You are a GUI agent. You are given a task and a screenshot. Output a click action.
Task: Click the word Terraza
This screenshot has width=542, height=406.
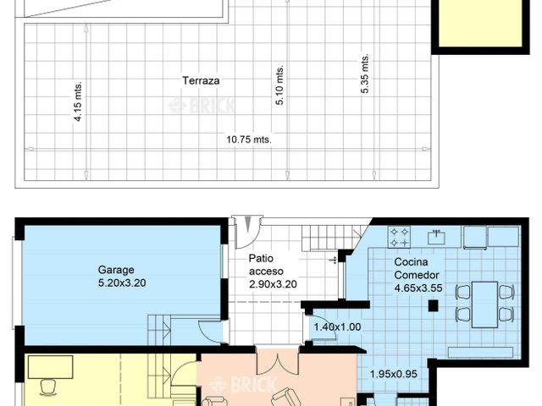coord(201,81)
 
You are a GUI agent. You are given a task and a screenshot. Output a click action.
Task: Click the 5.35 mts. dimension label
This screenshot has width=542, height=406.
coord(365,75)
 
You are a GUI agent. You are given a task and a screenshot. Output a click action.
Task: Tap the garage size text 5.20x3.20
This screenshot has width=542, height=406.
coord(122,283)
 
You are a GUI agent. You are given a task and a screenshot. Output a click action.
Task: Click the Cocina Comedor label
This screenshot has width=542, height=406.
coord(417,268)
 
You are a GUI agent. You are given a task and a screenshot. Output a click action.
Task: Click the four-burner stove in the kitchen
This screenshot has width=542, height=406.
coord(399,234)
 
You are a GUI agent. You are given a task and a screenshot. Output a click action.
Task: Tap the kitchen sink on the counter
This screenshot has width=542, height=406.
coord(436,234)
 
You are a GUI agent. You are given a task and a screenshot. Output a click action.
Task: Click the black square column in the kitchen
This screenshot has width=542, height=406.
coord(430,307)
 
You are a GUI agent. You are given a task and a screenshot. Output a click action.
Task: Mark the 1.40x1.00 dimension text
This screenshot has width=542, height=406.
coord(337,327)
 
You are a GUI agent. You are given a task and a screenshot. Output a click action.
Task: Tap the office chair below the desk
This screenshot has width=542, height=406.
coord(47,387)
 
